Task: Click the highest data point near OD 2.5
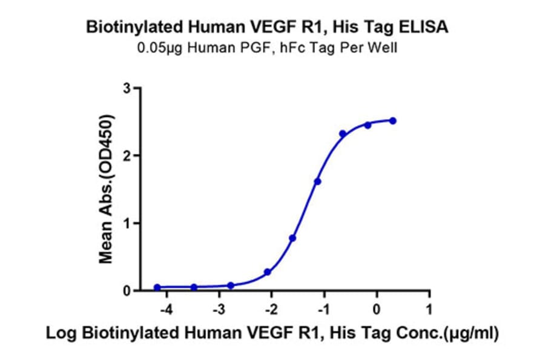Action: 392,121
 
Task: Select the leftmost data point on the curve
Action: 157,287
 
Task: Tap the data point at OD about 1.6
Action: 317,181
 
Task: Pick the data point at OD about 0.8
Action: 292,238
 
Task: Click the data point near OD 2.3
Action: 343,133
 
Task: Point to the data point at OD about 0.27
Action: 268,272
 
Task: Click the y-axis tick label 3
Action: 127,88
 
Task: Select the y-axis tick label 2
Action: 127,156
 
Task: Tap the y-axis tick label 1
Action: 127,223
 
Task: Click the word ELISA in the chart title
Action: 427,27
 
